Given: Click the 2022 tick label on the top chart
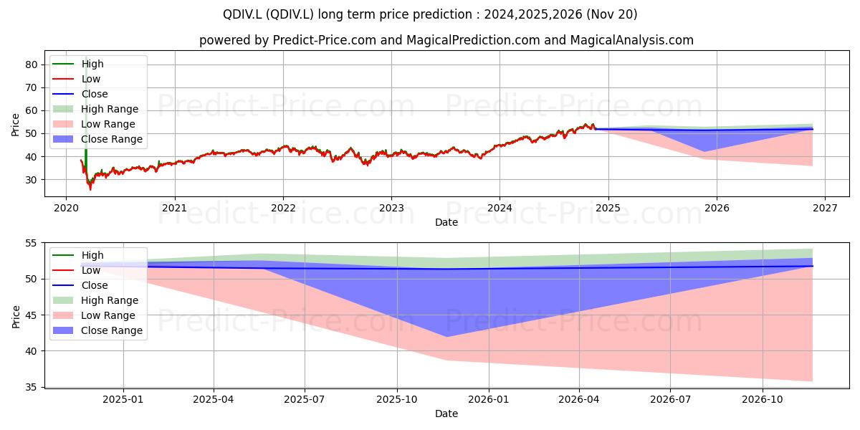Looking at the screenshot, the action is click(x=283, y=208).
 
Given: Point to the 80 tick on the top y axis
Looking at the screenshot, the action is click(x=32, y=64).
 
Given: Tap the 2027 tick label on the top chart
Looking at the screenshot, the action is click(x=826, y=208).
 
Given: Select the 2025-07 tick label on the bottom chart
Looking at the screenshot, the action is click(x=305, y=399).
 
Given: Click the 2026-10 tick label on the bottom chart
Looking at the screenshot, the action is click(x=763, y=399).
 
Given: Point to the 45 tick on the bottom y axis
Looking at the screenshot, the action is click(x=32, y=315).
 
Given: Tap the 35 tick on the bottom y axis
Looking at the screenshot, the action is click(x=32, y=388).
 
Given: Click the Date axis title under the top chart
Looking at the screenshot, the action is click(x=446, y=222).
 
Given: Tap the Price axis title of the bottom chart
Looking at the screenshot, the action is click(x=15, y=317).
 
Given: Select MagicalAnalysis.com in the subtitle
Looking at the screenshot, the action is click(x=631, y=40).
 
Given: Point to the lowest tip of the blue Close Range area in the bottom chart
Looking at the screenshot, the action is click(x=446, y=337).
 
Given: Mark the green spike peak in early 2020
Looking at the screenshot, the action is click(x=86, y=57).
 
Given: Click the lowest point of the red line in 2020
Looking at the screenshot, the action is click(x=90, y=190).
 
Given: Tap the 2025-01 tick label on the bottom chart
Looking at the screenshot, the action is click(x=123, y=399).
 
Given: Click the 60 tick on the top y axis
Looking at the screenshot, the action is click(x=32, y=110).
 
